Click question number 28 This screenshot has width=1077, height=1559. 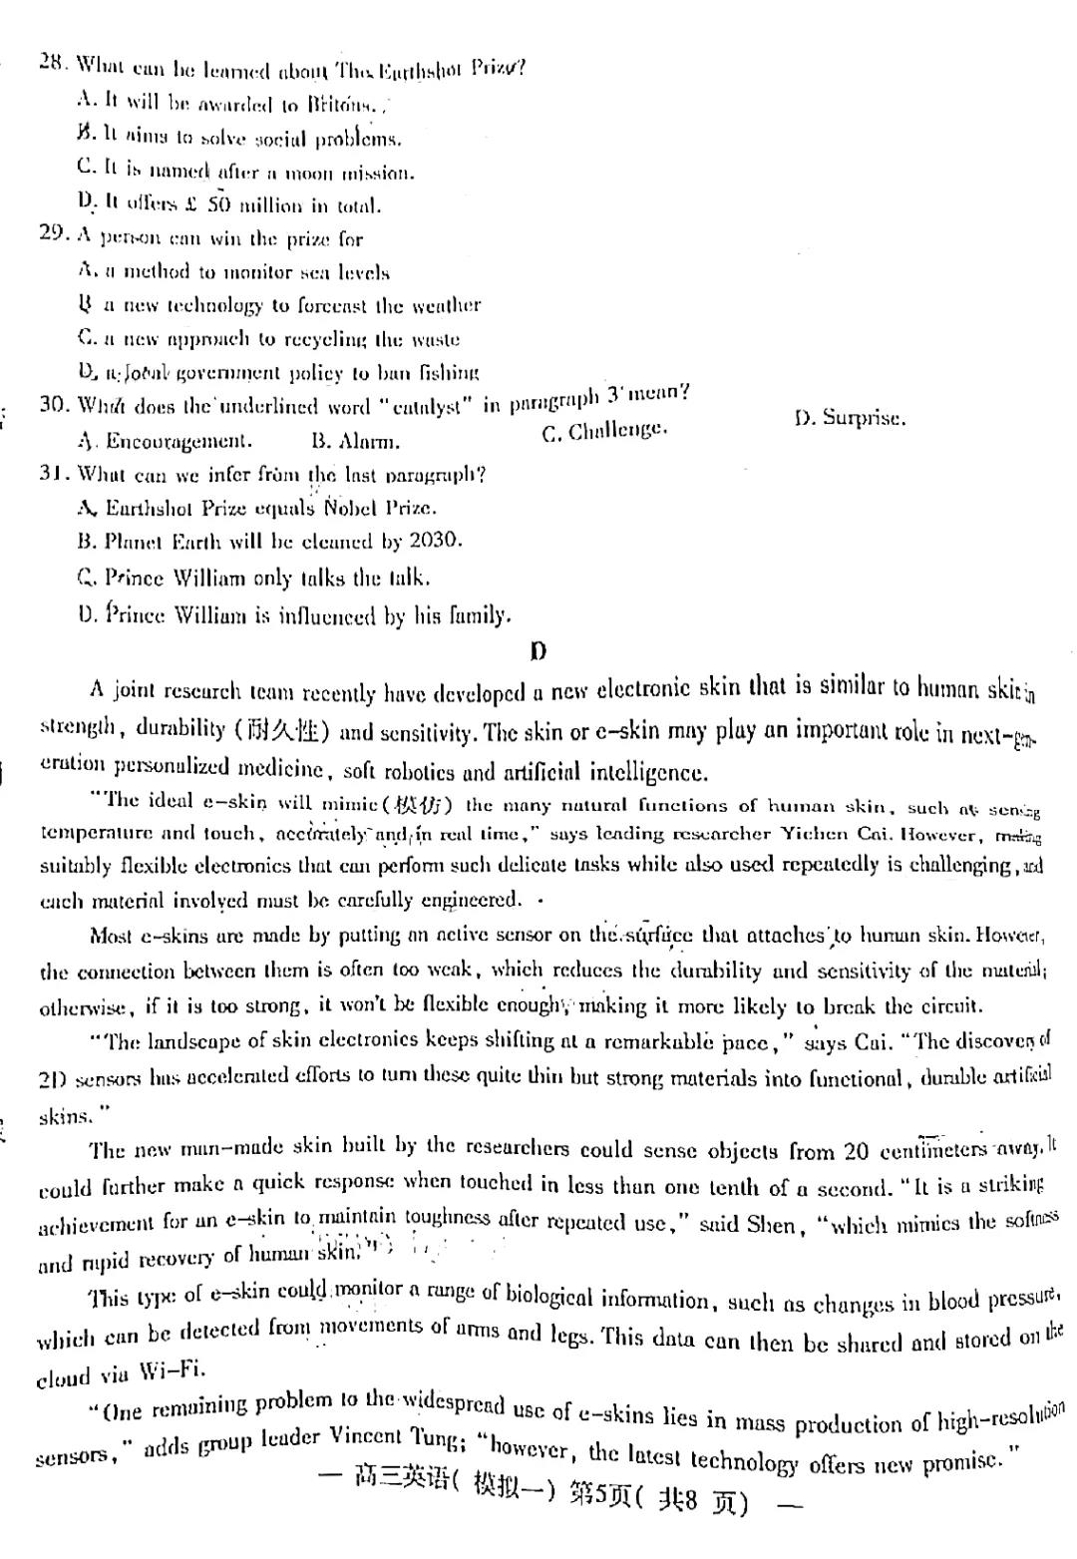[53, 62]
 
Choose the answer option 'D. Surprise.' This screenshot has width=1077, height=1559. [850, 418]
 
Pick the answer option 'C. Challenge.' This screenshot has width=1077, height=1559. [604, 432]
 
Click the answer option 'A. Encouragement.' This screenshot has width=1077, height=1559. [165, 441]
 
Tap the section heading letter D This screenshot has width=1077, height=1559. [538, 652]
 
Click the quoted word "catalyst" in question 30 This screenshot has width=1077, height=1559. [426, 407]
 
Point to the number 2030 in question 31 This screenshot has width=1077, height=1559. [435, 540]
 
